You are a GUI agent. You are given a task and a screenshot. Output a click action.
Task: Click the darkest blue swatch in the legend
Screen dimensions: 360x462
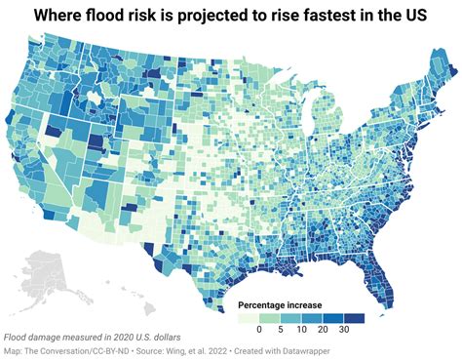tap(360, 318)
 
